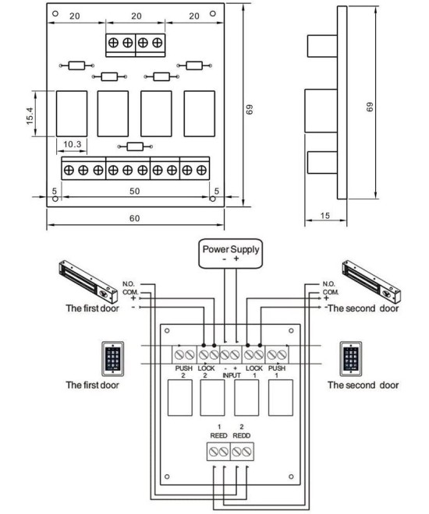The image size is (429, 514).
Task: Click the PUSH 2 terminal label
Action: pos(183,369)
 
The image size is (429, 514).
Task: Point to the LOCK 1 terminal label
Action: pos(253,369)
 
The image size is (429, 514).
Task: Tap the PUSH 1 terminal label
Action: pos(277,369)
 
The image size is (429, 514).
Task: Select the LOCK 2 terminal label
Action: pos(207,369)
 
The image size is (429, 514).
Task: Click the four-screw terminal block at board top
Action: pos(135,43)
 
